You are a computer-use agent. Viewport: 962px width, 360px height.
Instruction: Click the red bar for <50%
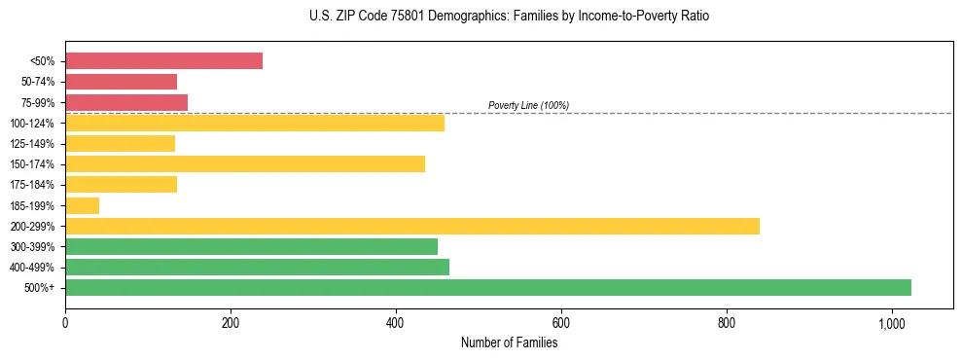click(x=163, y=61)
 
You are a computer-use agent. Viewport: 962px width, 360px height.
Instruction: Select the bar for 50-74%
click(x=121, y=82)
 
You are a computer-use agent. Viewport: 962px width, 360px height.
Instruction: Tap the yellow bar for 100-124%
click(x=255, y=123)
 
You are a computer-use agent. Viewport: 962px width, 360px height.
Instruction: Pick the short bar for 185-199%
click(x=82, y=205)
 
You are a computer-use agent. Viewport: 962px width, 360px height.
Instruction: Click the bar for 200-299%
click(x=411, y=226)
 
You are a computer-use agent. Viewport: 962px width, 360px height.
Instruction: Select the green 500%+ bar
click(x=487, y=287)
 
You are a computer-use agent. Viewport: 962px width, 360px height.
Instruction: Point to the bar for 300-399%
click(x=251, y=246)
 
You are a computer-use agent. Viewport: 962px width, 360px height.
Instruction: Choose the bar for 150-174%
click(x=245, y=163)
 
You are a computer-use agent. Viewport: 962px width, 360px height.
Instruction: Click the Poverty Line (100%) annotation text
click(x=528, y=105)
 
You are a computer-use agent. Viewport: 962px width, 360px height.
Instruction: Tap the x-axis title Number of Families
click(x=509, y=342)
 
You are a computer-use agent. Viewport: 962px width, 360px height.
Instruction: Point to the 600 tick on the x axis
click(x=561, y=323)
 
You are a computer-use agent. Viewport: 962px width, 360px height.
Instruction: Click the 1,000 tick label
click(x=891, y=323)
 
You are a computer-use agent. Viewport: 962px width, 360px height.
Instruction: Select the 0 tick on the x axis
click(x=65, y=323)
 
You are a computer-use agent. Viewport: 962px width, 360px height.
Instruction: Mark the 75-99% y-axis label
click(x=37, y=103)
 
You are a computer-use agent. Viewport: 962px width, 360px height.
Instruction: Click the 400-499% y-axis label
click(x=34, y=268)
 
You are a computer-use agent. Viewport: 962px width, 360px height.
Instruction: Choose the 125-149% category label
click(x=34, y=144)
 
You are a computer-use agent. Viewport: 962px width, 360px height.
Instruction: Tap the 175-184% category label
click(x=34, y=185)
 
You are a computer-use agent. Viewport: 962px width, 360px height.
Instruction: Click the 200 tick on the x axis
click(x=231, y=323)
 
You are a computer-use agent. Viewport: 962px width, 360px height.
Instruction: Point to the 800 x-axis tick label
click(x=727, y=323)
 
